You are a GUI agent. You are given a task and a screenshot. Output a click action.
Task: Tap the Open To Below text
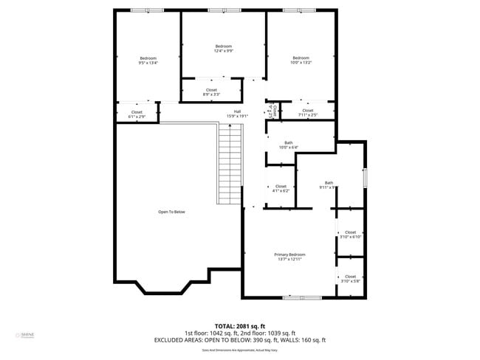click(171, 212)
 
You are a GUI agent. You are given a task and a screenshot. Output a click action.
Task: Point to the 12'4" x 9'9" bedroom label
click(223, 49)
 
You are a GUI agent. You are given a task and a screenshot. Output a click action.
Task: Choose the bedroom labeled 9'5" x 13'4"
click(148, 60)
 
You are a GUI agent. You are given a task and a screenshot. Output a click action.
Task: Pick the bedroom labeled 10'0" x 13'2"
click(301, 60)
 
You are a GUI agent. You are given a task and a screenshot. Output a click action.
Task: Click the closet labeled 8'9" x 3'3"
click(211, 92)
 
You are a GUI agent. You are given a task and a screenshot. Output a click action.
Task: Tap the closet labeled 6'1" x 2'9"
click(137, 114)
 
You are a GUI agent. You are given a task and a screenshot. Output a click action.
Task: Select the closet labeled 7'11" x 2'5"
click(307, 113)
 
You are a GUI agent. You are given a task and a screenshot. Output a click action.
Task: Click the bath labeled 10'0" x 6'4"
click(288, 145)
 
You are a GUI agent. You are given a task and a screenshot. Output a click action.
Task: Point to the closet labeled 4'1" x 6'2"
click(281, 189)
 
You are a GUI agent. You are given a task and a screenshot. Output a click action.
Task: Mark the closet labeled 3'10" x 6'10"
click(350, 235)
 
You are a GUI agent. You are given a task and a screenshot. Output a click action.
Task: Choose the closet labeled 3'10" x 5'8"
click(350, 279)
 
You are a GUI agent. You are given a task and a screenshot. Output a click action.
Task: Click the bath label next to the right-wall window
click(329, 185)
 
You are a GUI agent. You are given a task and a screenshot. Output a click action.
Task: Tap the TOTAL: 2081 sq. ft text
click(239, 325)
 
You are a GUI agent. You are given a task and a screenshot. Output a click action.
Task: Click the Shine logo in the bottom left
click(27, 336)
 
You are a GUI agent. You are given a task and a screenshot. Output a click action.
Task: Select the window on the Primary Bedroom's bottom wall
click(302, 297)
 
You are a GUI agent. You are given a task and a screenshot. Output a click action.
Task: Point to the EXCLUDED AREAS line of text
click(239, 340)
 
